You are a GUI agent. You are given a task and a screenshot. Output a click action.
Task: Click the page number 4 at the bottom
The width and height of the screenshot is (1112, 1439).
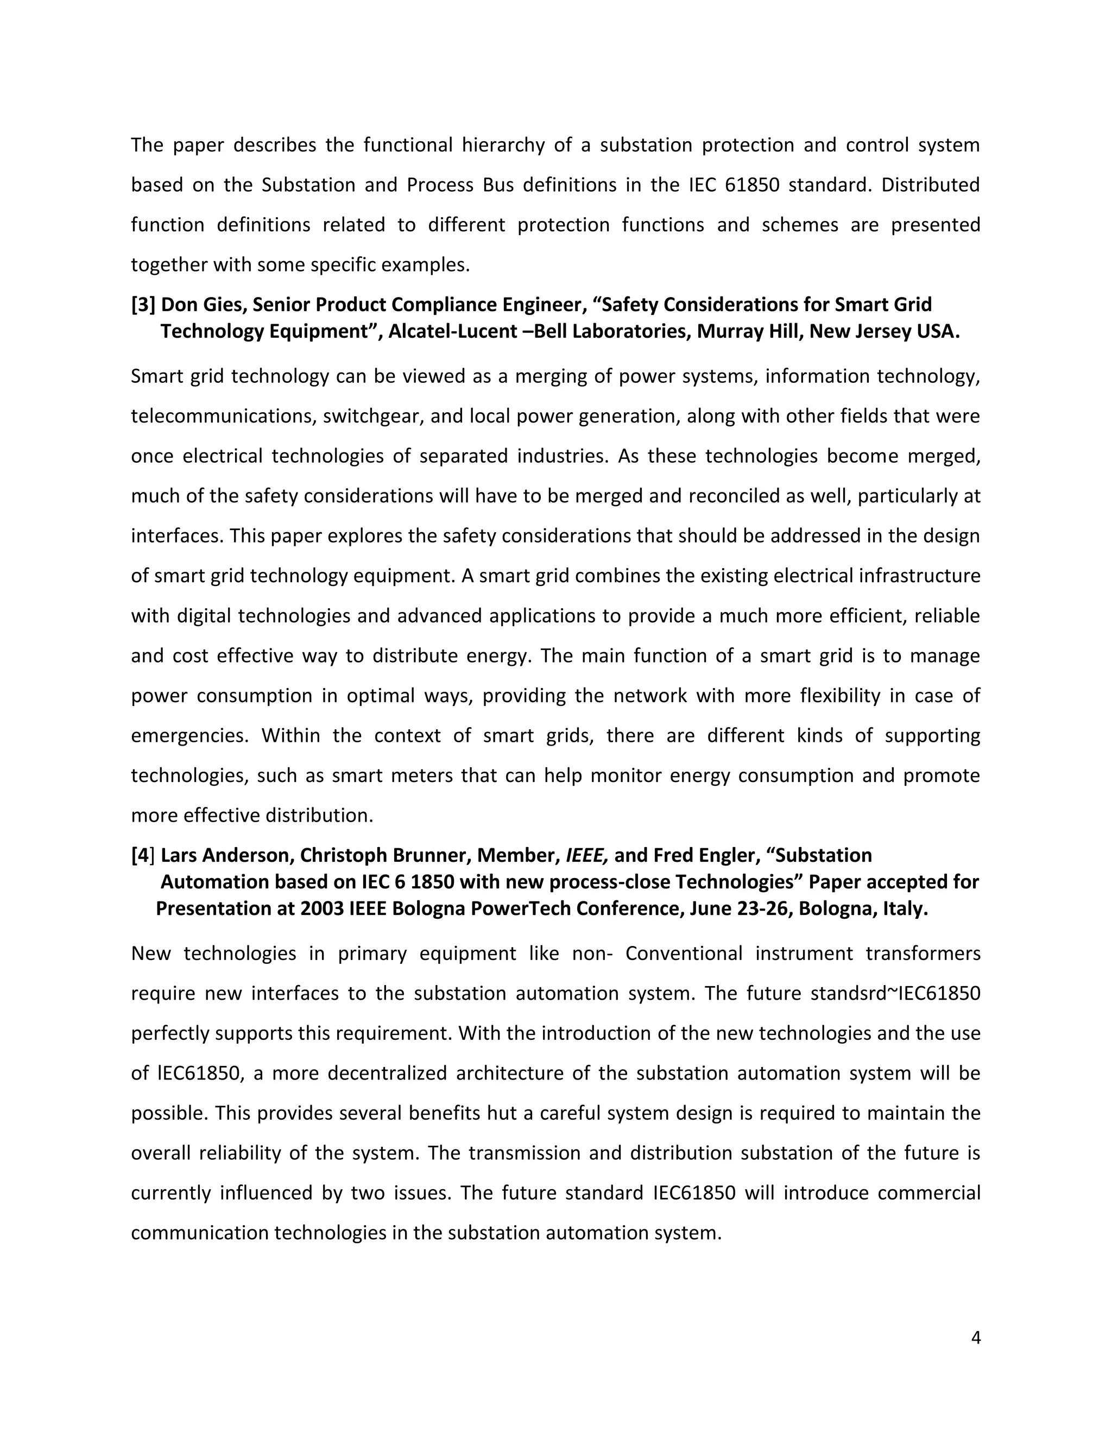(x=976, y=1337)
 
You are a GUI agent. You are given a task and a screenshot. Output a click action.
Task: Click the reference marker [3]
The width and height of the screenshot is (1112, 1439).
(x=143, y=305)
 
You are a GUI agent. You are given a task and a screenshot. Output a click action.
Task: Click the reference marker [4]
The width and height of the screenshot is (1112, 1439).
(x=143, y=855)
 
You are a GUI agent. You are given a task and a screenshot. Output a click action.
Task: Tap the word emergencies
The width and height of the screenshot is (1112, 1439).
(x=189, y=735)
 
